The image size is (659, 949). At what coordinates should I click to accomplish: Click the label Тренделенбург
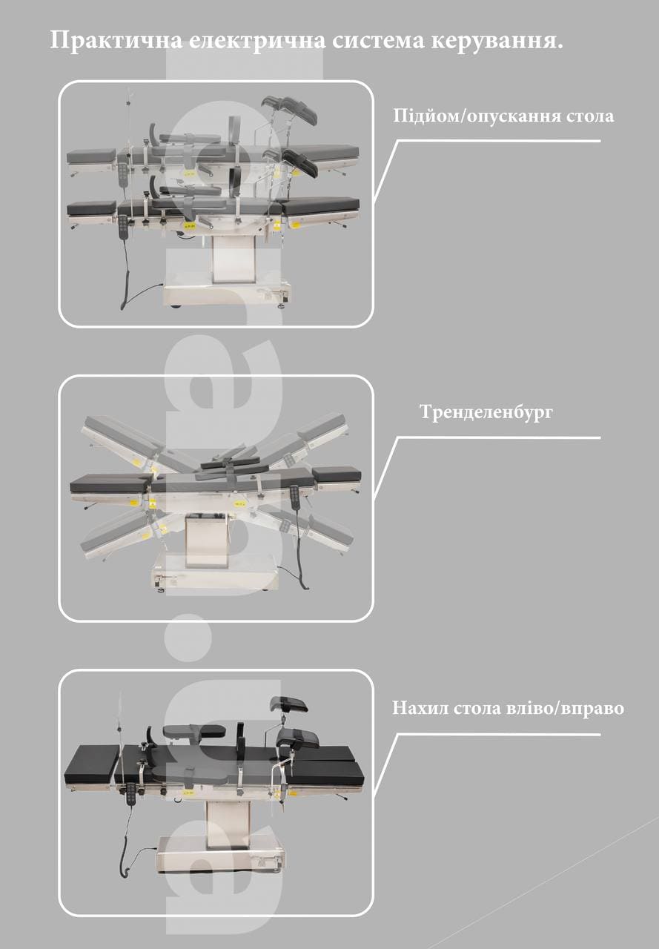click(x=486, y=411)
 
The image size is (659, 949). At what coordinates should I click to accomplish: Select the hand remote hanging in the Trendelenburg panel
click(x=294, y=498)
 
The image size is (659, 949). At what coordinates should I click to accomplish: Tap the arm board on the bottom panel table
click(x=195, y=732)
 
